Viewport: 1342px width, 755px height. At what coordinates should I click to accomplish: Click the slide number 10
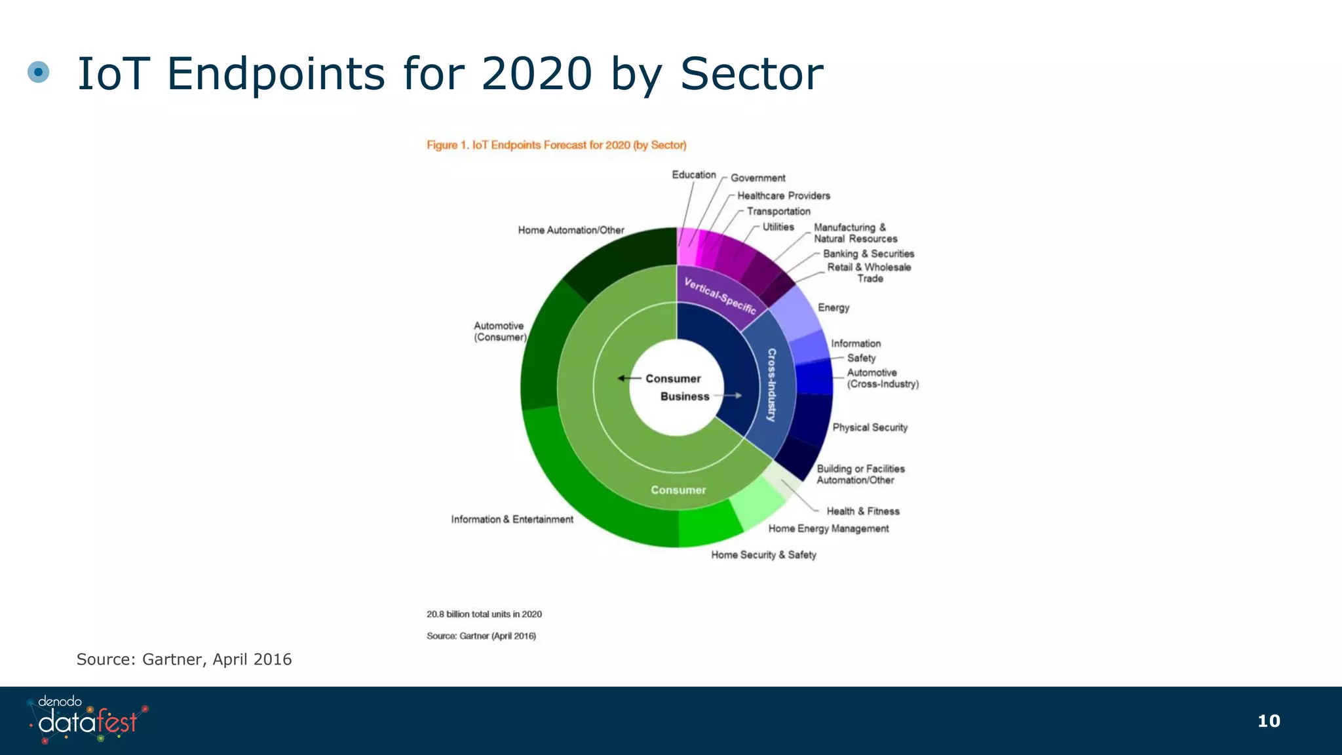(x=1269, y=721)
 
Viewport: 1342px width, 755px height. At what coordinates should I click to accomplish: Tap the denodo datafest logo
(x=88, y=720)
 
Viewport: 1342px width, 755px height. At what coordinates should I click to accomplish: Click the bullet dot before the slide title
(x=39, y=72)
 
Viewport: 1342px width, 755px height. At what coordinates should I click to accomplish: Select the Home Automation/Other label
(x=571, y=230)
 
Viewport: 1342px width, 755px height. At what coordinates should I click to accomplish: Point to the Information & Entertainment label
(x=512, y=519)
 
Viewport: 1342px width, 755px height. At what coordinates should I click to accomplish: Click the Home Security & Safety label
(x=763, y=554)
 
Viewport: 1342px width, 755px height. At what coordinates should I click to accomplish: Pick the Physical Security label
(x=870, y=427)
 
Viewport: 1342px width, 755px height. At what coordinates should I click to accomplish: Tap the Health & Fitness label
(x=862, y=511)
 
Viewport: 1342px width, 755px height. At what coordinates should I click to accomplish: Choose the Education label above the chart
(x=693, y=175)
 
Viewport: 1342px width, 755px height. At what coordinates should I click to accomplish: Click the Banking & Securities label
(x=868, y=254)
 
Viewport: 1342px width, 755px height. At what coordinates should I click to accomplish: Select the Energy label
(x=833, y=307)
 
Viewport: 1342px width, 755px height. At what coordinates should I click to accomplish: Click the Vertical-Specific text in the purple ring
(x=719, y=296)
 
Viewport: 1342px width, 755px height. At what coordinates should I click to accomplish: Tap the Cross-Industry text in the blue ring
(x=772, y=385)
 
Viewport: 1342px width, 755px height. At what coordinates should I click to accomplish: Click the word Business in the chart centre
(x=685, y=397)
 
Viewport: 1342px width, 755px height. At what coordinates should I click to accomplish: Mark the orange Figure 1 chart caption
(x=556, y=145)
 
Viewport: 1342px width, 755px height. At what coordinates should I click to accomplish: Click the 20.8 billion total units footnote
(x=484, y=614)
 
